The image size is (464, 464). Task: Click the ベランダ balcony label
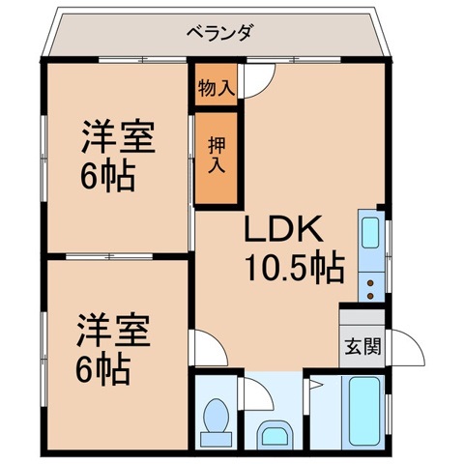(x=219, y=32)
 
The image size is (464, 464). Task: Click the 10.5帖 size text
(x=294, y=270)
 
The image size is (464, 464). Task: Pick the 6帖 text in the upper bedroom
(x=106, y=176)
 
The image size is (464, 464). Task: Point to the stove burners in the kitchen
(x=371, y=277)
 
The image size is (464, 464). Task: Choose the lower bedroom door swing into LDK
(x=207, y=345)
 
